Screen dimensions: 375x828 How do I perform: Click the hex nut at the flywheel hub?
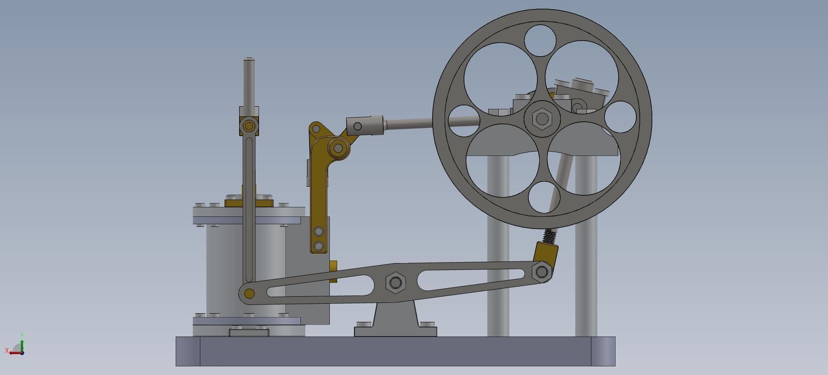tap(542, 118)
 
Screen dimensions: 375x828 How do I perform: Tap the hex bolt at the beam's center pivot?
tap(395, 283)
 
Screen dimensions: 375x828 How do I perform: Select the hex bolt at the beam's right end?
tap(542, 272)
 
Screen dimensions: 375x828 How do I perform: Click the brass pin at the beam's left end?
tap(249, 294)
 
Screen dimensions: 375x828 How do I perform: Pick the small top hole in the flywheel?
tap(540, 41)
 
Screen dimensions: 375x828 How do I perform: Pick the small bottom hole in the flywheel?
tap(544, 197)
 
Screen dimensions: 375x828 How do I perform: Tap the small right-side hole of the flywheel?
tap(620, 117)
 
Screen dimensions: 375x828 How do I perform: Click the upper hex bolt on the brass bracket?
tap(319, 231)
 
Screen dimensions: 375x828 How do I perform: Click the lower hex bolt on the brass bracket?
tap(319, 246)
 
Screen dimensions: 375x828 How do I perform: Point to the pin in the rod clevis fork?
tap(357, 126)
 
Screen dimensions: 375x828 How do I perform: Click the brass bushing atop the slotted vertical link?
tap(249, 126)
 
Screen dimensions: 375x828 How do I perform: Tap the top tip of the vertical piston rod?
tap(249, 59)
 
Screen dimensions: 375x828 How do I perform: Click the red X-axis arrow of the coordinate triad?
tap(13, 353)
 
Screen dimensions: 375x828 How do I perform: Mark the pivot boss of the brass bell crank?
tap(338, 148)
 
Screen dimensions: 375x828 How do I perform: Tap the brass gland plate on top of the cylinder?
tap(249, 203)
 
